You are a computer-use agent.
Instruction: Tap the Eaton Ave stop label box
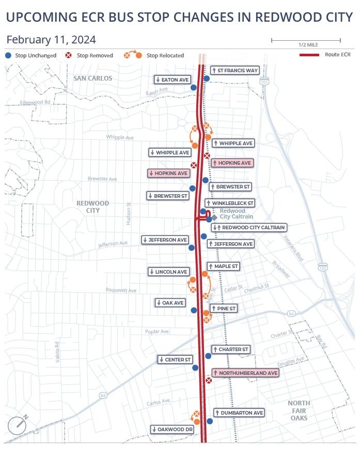(x=172, y=80)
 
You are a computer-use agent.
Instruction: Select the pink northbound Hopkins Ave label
(x=232, y=163)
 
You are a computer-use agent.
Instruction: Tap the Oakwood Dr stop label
(x=173, y=429)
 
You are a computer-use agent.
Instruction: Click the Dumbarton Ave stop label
(x=239, y=413)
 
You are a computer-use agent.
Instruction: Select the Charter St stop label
(x=230, y=350)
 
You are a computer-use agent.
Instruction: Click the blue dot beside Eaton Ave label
(x=194, y=88)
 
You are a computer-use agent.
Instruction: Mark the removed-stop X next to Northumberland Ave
(x=209, y=381)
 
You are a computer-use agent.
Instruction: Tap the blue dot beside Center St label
(x=195, y=368)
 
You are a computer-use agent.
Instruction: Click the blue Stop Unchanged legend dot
(x=8, y=55)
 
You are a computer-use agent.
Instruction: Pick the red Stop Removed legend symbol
(x=69, y=55)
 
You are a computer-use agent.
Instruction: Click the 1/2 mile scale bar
(x=306, y=40)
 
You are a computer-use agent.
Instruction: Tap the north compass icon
(x=17, y=424)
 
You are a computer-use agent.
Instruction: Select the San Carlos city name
(x=92, y=78)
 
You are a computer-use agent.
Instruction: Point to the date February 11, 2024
(x=51, y=40)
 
